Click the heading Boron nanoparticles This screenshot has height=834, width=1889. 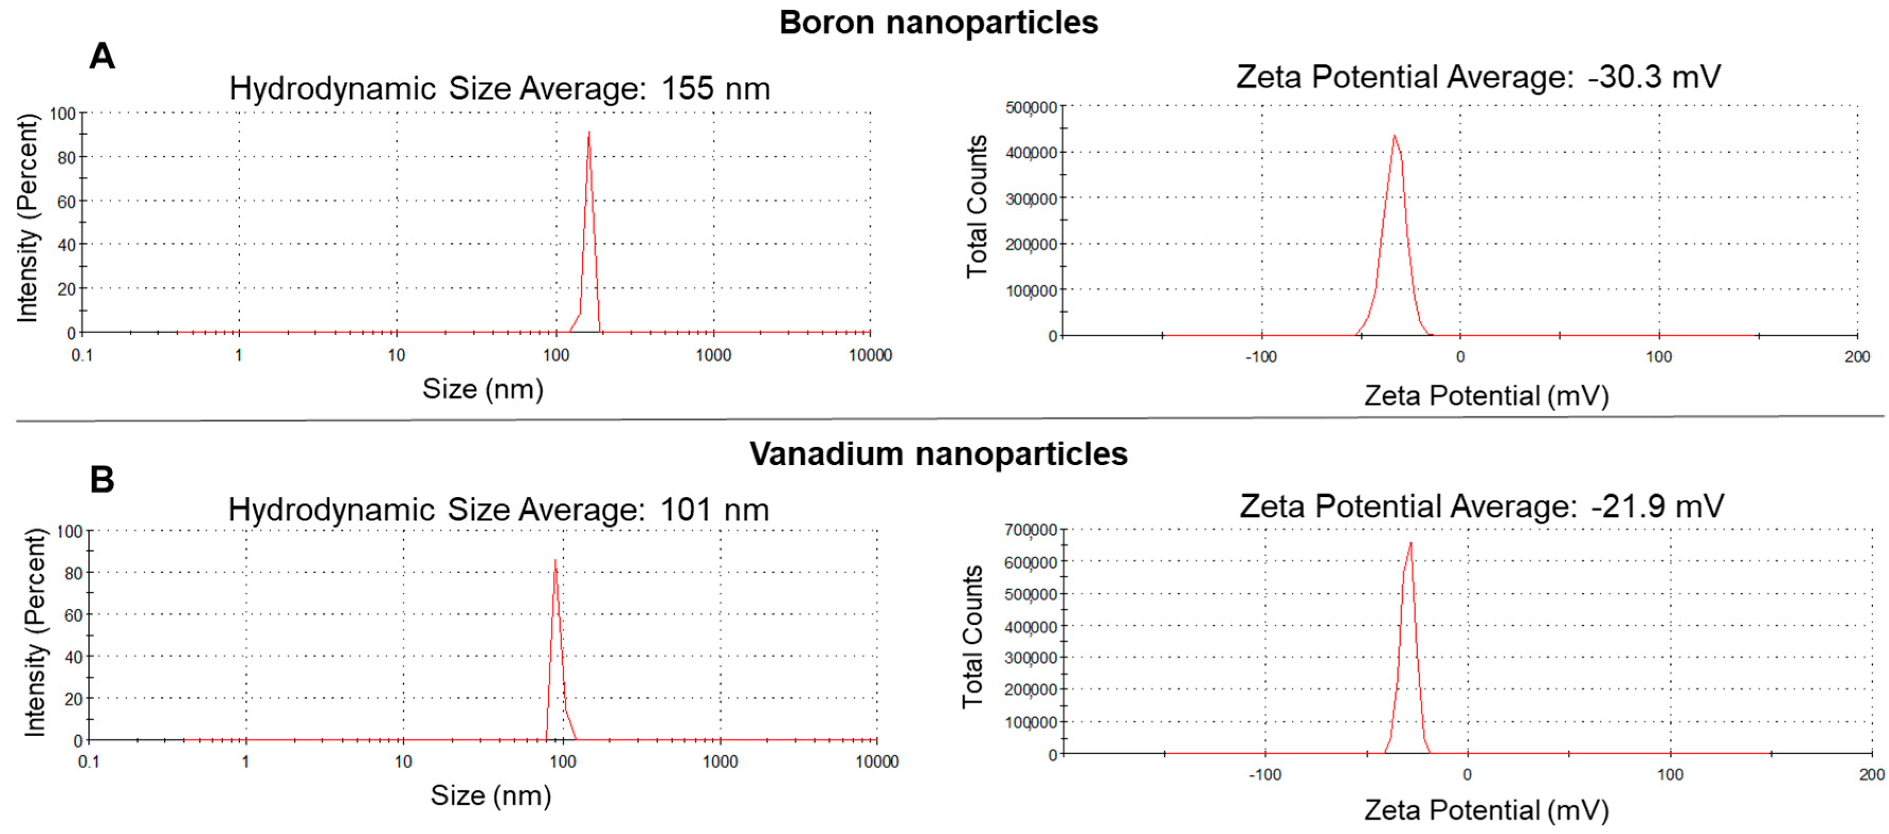coord(938,23)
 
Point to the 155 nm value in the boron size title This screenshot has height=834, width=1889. coord(716,89)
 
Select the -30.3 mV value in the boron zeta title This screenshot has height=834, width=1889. coord(1654,77)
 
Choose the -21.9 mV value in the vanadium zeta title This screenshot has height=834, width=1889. coord(1657,506)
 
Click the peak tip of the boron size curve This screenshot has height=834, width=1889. coord(589,133)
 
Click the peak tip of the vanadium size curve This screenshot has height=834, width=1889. coord(555,561)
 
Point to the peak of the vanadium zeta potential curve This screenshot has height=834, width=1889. coord(1410,543)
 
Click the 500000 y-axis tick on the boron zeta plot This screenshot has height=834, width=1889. coord(1031,108)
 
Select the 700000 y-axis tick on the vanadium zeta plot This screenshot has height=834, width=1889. coord(1030,530)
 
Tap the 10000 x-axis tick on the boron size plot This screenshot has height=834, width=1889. coord(870,356)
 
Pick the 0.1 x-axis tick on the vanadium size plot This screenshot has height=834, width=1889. coord(89,762)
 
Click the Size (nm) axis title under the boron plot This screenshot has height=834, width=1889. coord(482,388)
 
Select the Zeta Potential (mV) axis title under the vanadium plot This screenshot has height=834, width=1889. coord(1486,810)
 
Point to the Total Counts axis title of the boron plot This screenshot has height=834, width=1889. coord(977,207)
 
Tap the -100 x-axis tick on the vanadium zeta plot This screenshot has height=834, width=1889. coord(1265,775)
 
